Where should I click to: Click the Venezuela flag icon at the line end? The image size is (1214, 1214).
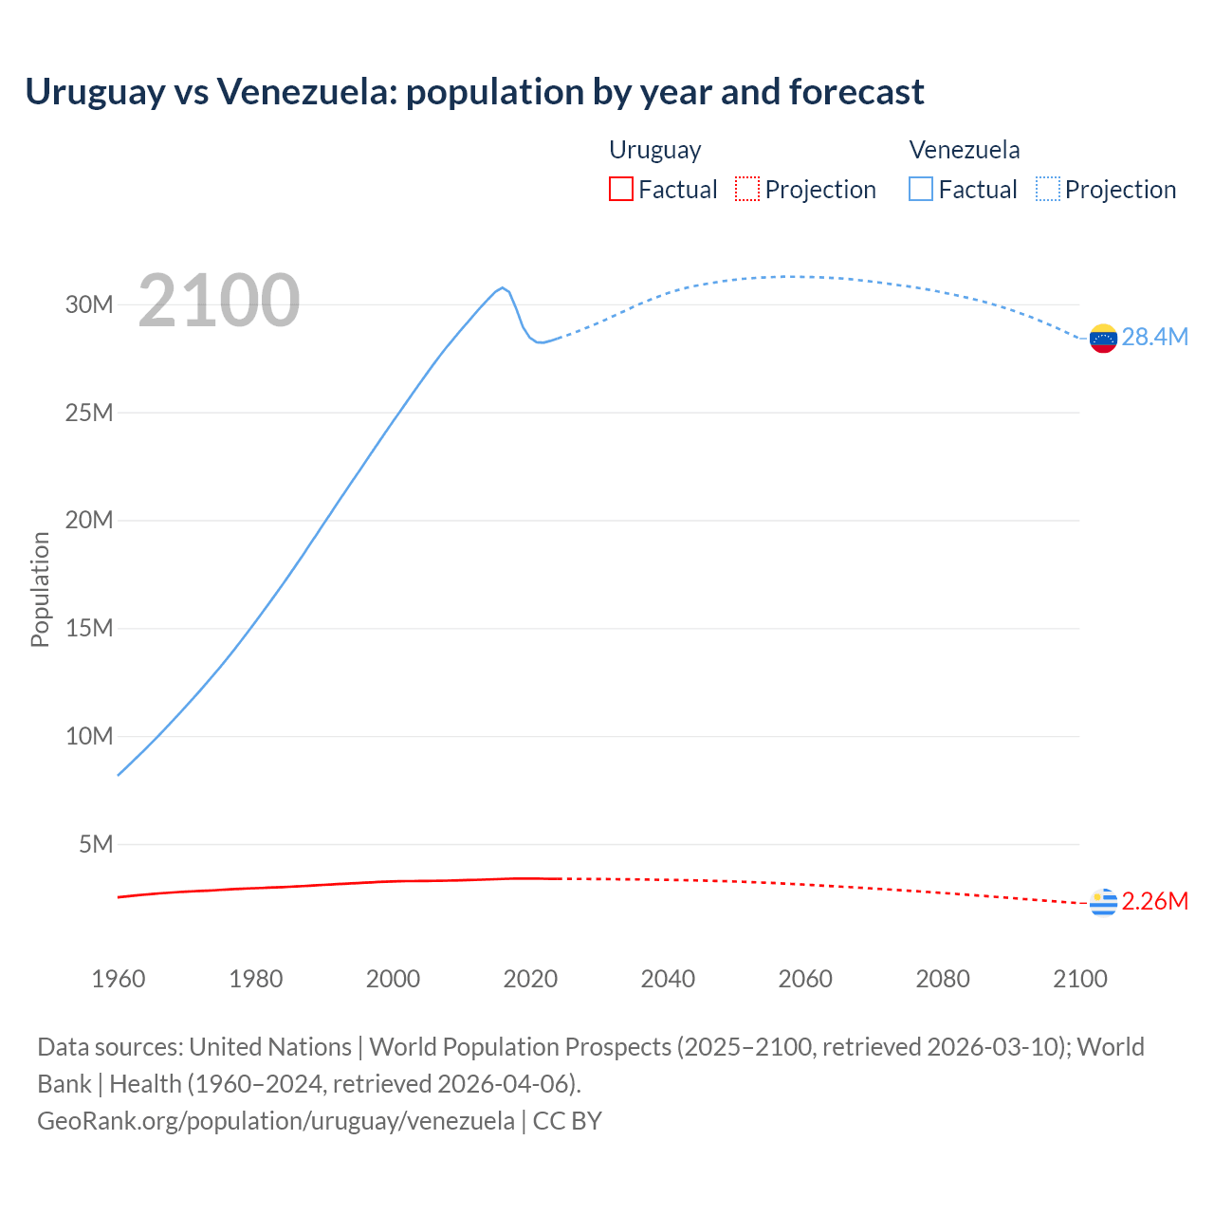[x=1103, y=338]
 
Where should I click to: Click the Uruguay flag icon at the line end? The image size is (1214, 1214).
[x=1103, y=902]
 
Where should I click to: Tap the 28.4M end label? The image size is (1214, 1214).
[x=1154, y=338]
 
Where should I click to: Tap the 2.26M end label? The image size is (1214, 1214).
[x=1154, y=901]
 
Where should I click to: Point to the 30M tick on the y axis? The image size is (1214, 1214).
[x=89, y=304]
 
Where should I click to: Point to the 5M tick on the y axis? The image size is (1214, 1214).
[x=96, y=844]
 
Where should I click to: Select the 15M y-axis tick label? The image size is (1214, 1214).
[x=89, y=628]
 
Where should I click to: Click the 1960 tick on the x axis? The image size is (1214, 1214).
[x=119, y=979]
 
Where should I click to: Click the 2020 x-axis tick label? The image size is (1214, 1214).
[x=530, y=979]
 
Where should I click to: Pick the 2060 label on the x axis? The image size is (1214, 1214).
[x=805, y=979]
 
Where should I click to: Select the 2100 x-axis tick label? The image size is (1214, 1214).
[x=1079, y=979]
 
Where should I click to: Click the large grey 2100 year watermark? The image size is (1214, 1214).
[x=219, y=301]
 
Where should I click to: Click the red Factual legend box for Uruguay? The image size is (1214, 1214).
[x=620, y=189]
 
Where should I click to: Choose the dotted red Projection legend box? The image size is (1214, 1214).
[x=747, y=189]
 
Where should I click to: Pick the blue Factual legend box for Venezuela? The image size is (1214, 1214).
[x=921, y=189]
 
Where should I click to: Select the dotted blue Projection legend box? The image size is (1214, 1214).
[x=1047, y=189]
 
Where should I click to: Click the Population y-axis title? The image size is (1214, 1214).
[x=40, y=589]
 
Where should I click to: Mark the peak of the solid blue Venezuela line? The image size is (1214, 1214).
[x=503, y=287]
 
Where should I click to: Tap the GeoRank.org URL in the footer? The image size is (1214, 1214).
[x=276, y=1121]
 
